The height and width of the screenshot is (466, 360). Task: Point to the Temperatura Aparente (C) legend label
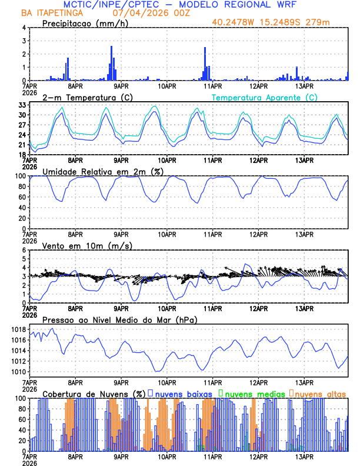tap(265, 97)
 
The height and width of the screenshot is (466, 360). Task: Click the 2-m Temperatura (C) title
tap(87, 97)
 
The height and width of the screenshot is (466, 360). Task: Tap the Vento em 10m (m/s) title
tap(87, 245)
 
